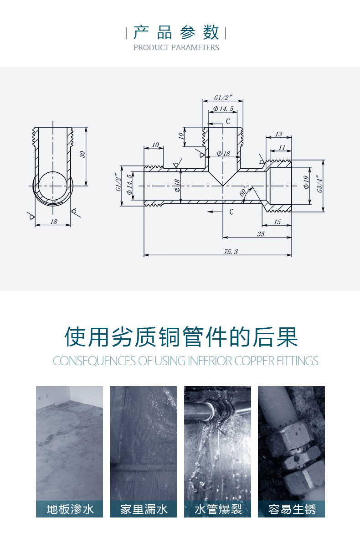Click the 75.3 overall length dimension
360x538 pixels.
tap(231, 252)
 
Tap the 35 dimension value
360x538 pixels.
tap(261, 234)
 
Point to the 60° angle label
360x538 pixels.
tap(243, 191)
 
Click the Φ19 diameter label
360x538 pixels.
tap(306, 181)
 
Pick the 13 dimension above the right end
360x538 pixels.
tap(278, 134)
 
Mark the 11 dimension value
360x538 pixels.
tap(282, 148)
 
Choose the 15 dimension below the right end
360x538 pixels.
tap(278, 222)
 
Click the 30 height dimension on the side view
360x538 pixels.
tap(82, 155)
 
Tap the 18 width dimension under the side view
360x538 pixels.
tap(53, 222)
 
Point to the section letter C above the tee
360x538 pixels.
tap(228, 121)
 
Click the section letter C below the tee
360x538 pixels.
tap(231, 212)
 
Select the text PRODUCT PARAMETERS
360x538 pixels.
tap(176, 48)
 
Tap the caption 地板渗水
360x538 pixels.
tap(70, 509)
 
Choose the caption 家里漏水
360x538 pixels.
tap(144, 509)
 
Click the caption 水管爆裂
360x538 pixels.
tap(218, 509)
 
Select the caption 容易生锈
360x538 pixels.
tap(292, 509)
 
